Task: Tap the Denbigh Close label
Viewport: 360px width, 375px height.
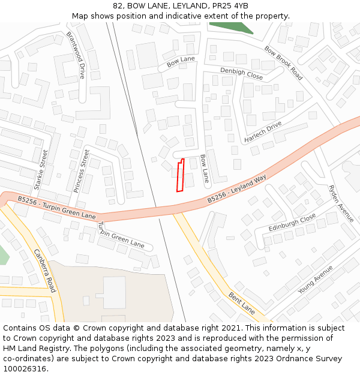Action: (241, 73)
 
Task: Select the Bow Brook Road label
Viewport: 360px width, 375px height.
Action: (283, 62)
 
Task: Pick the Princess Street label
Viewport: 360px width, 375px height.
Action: (81, 171)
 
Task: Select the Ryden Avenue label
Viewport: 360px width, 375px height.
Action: (341, 203)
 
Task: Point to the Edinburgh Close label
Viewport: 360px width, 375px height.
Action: (292, 223)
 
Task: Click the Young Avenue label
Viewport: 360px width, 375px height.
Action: (315, 280)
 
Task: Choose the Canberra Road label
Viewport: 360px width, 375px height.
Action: (46, 271)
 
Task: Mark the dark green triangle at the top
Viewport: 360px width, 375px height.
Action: (231, 26)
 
